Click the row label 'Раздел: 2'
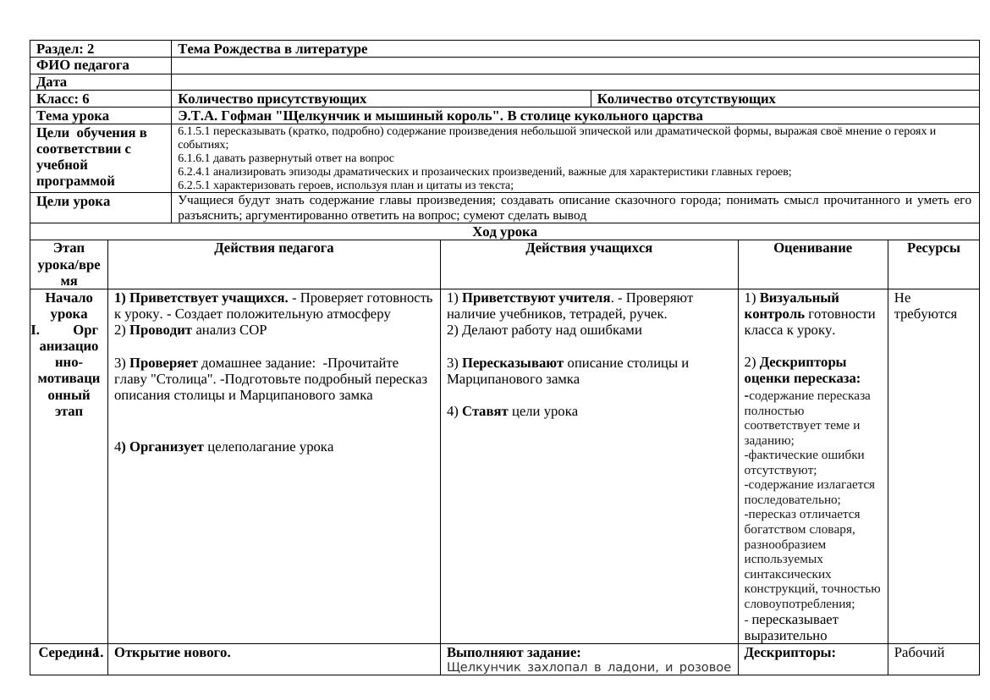click(x=66, y=49)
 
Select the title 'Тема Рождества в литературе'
click(x=272, y=49)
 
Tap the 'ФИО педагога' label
click(x=83, y=65)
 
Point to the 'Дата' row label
click(x=52, y=82)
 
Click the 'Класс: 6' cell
click(x=63, y=99)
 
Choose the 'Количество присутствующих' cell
click(x=272, y=99)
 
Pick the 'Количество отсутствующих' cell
click(x=686, y=99)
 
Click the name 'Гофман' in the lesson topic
click(x=245, y=115)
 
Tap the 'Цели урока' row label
click(x=74, y=201)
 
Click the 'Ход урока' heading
click(x=504, y=232)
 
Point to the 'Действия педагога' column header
click(x=273, y=248)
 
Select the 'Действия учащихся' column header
click(x=589, y=248)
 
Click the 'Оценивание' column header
click(x=812, y=248)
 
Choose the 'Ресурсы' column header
click(x=933, y=248)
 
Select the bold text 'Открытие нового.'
click(x=173, y=653)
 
